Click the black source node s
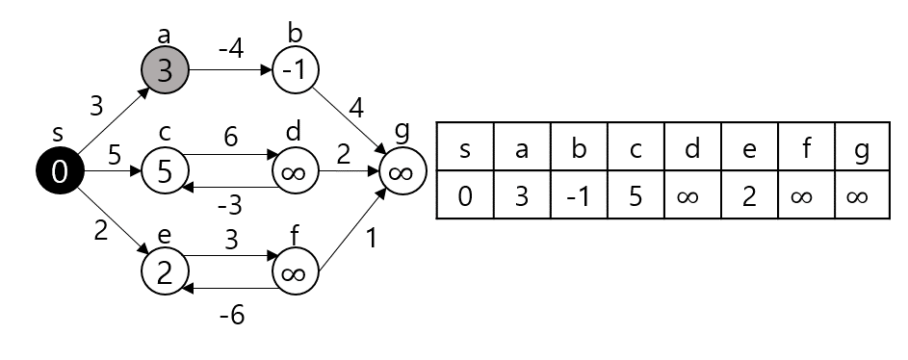pos(59,172)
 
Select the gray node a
pos(166,70)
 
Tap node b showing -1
pos(296,70)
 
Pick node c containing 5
pos(166,172)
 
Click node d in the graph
pos(296,172)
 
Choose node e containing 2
pos(166,272)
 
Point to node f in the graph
pos(296,272)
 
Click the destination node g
pos(402,172)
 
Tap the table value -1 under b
pos(579,196)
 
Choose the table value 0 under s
pos(466,196)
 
